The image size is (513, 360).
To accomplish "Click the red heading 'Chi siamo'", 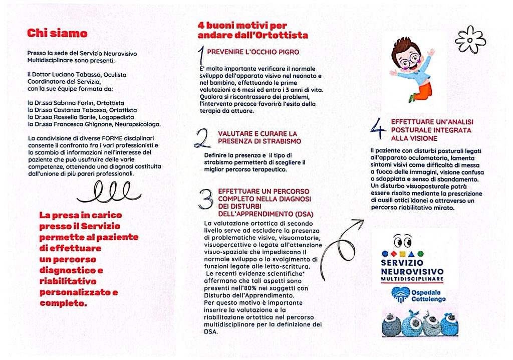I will point(57,34).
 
